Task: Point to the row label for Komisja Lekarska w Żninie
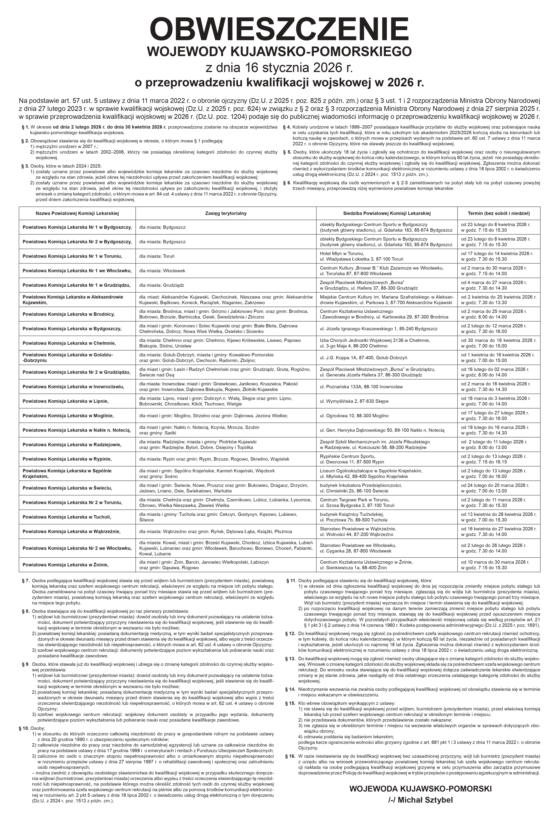[65, 564]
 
